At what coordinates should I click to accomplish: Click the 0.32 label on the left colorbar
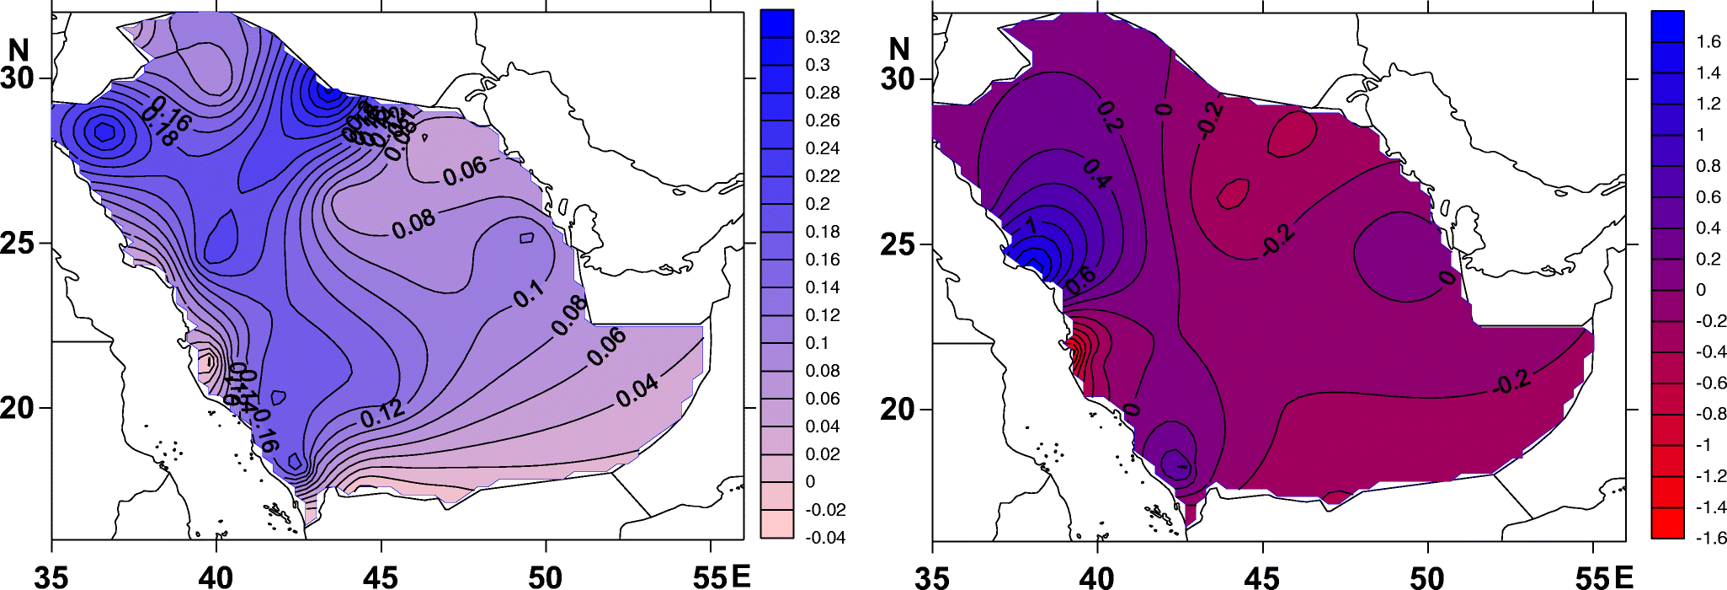click(822, 37)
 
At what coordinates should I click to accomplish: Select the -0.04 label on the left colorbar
click(824, 538)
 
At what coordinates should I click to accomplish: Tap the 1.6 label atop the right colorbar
click(1708, 42)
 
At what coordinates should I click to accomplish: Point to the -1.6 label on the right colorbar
click(1710, 538)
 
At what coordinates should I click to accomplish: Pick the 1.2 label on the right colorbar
click(1708, 104)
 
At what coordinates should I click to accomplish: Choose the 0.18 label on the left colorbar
click(822, 232)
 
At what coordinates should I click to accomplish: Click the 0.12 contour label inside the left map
click(383, 413)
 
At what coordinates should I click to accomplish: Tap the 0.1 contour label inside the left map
click(529, 294)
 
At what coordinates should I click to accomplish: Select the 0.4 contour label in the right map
click(1097, 172)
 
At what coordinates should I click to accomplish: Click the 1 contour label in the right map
click(1030, 226)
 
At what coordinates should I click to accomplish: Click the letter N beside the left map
click(19, 51)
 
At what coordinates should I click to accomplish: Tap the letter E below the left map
click(741, 577)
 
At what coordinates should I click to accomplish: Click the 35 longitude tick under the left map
click(51, 577)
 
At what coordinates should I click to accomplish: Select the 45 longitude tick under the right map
click(1261, 577)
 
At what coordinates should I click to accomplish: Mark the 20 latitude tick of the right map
click(898, 410)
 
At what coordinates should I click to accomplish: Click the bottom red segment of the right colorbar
click(1667, 523)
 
